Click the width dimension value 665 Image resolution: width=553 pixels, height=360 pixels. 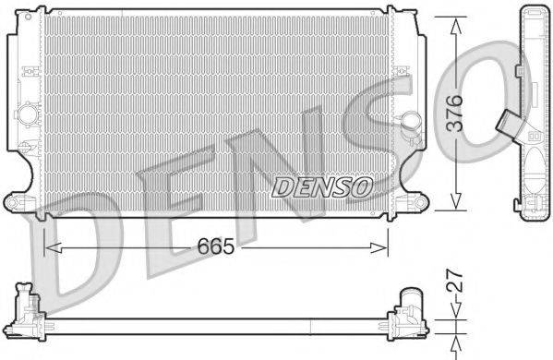(x=213, y=246)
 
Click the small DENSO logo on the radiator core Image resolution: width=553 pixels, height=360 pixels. (x=321, y=187)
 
